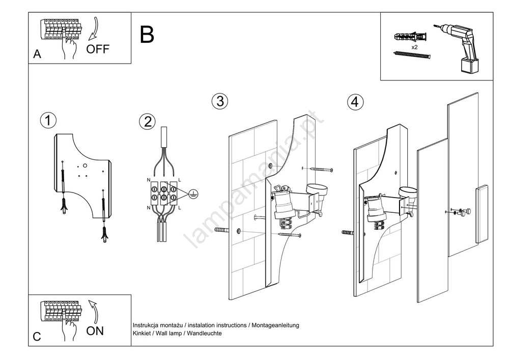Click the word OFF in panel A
(98, 49)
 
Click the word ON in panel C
(95, 331)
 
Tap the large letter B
(147, 35)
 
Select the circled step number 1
(48, 121)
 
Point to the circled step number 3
(219, 101)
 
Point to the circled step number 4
(355, 102)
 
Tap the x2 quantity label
(414, 47)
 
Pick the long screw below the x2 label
(412, 54)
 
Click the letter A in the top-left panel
(37, 54)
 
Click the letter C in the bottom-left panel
(37, 337)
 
